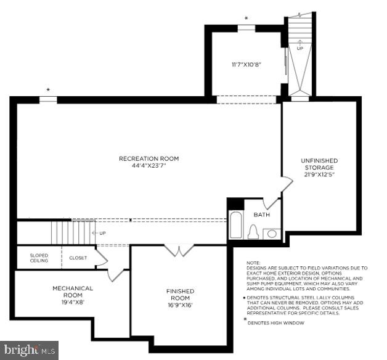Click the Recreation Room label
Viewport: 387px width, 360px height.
coord(149,158)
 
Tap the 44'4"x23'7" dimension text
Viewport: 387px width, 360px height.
coord(149,165)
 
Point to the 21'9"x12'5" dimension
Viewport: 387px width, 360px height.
coord(319,174)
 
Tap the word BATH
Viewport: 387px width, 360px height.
coord(261,215)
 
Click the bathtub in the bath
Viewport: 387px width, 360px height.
coord(236,225)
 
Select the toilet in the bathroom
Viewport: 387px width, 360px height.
coord(251,232)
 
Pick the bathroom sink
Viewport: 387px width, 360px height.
coord(271,234)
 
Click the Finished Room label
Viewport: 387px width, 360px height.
coord(180,294)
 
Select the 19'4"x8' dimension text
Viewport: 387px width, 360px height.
coord(72,302)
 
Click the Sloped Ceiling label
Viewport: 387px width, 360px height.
coord(39,258)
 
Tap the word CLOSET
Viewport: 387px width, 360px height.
coord(78,258)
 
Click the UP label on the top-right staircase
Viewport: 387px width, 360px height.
coord(300,48)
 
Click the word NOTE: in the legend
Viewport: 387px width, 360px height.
coord(253,263)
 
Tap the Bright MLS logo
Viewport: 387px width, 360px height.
coord(30,350)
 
